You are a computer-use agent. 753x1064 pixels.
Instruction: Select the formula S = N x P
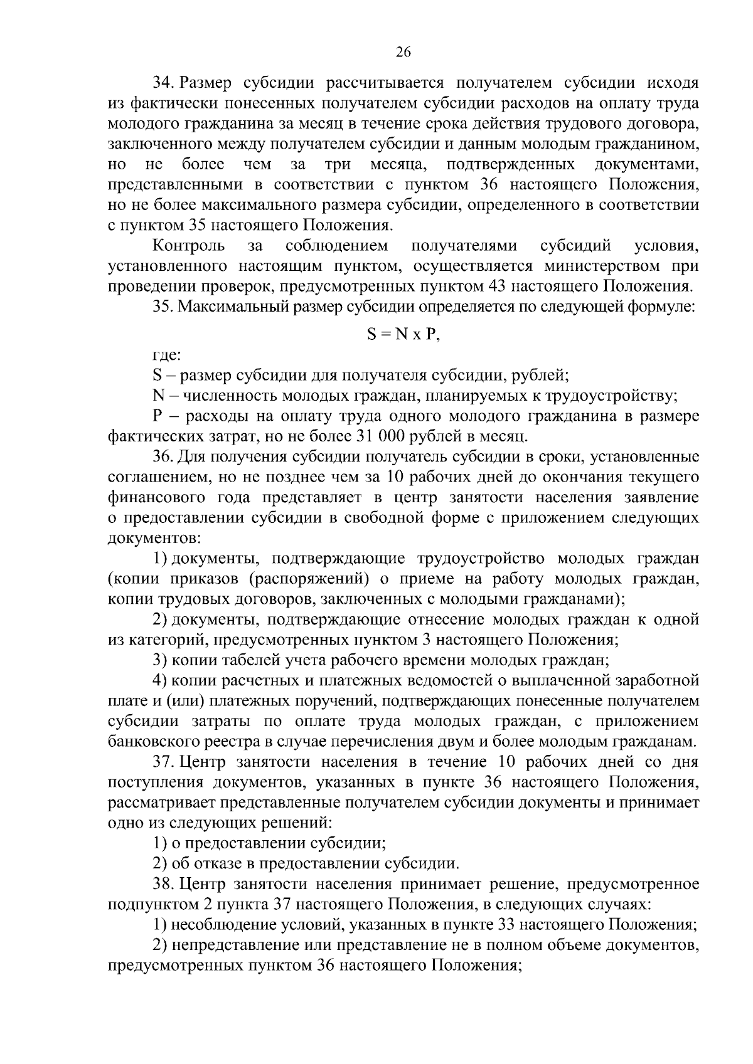[403, 334]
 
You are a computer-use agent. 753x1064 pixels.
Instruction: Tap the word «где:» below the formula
[167, 356]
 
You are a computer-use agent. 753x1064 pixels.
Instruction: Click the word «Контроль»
[189, 245]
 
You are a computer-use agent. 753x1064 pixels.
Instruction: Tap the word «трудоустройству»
[609, 396]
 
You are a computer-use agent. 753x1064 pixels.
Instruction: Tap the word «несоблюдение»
[220, 925]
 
